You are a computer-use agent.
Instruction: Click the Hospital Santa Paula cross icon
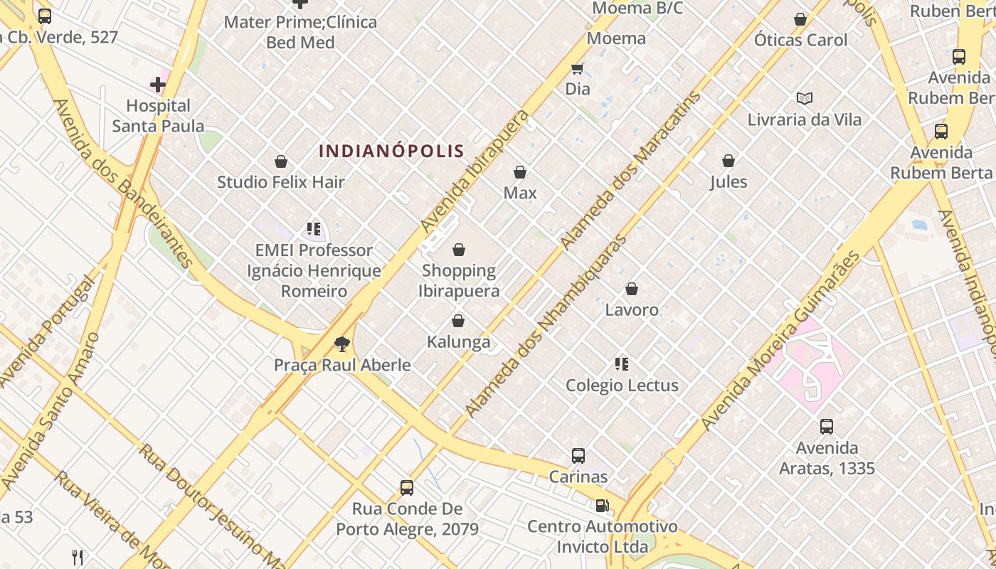[158, 85]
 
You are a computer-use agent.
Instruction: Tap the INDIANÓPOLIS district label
[391, 151]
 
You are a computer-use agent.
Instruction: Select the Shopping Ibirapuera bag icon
[459, 250]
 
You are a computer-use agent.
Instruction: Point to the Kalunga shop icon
[458, 321]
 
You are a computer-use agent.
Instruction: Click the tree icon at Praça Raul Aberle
[342, 345]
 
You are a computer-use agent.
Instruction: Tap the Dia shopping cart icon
[578, 69]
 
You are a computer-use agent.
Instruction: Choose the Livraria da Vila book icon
[805, 99]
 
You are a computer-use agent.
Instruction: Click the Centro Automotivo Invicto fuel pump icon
[602, 506]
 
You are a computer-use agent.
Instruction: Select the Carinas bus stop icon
[578, 455]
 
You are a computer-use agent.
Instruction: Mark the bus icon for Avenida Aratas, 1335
[826, 427]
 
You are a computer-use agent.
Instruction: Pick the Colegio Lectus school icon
[622, 364]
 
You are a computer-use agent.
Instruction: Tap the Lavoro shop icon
[632, 289]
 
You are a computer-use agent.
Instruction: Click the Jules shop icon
[729, 161]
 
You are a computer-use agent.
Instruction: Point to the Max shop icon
[520, 172]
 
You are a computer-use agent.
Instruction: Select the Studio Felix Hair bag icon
[281, 161]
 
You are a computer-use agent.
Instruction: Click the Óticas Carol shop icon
[800, 19]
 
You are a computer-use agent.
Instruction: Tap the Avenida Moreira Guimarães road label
[780, 341]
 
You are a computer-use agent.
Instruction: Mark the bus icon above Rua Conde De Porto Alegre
[407, 488]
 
